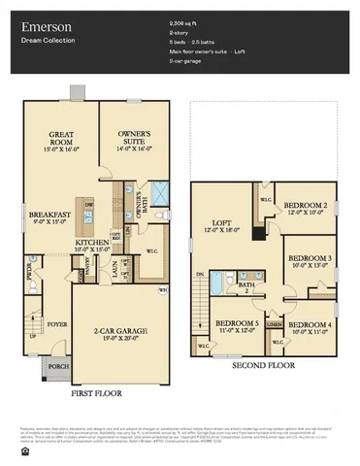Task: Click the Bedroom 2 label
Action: tap(305, 206)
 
